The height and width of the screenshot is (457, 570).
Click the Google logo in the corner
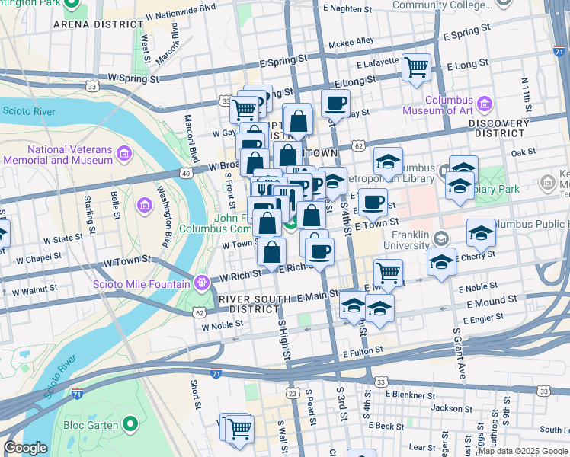pos(25,448)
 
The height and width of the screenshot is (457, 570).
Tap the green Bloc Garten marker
pos(131,424)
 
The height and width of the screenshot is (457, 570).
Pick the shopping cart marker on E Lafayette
pos(416,68)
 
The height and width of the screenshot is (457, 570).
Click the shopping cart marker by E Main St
pos(388,272)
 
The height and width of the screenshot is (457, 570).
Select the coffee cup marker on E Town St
pos(373,202)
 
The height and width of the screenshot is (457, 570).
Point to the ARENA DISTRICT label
pos(94,24)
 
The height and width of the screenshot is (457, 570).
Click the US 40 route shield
pos(185,174)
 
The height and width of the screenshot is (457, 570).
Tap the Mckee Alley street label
pos(351,41)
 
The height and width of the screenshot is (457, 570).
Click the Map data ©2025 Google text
pos(522,451)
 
